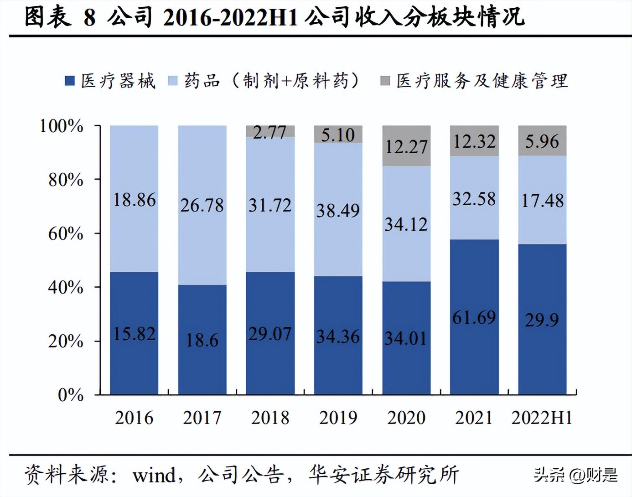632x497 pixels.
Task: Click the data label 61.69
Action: tap(474, 317)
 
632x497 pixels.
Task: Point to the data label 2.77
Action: tap(269, 132)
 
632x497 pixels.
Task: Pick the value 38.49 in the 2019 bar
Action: tap(338, 210)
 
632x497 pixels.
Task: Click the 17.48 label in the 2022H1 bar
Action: tap(542, 201)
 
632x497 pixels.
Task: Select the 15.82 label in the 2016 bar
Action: tap(134, 334)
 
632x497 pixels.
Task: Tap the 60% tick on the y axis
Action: tap(67, 234)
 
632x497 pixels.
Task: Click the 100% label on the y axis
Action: tap(62, 126)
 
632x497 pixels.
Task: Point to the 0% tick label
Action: tap(71, 395)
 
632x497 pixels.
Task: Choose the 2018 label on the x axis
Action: tap(270, 418)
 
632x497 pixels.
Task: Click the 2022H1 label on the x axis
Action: tap(542, 418)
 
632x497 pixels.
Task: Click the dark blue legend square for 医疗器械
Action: tap(69, 81)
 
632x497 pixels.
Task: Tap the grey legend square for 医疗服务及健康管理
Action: tap(385, 81)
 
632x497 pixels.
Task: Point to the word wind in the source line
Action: tap(154, 476)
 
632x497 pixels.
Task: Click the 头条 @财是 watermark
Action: tap(575, 475)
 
